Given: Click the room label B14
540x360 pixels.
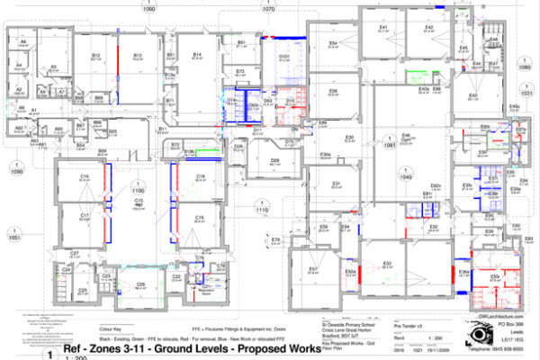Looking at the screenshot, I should tap(196, 54).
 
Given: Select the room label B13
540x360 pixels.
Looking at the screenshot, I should tap(138, 55).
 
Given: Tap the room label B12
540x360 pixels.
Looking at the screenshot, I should tap(95, 55).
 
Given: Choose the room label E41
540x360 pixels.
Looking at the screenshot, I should tap(382, 28).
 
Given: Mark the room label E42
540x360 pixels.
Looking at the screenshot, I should tap(429, 28).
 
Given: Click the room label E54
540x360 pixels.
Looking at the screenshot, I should tap(333, 42).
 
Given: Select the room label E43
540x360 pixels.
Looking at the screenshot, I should tap(472, 94).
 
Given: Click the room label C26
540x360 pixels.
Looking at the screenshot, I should tap(140, 284).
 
